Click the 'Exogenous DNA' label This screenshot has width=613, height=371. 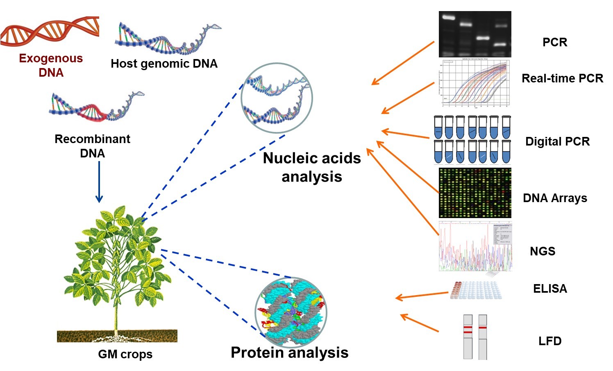(x=51, y=65)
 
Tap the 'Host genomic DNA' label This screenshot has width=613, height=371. (x=164, y=64)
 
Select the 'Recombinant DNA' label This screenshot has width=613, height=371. (x=92, y=146)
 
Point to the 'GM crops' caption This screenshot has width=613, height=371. (x=125, y=354)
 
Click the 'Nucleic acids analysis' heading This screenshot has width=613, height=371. (x=312, y=167)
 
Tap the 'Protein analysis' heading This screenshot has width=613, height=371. (x=289, y=353)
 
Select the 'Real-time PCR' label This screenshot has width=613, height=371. (x=562, y=78)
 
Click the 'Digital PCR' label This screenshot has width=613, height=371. (x=557, y=141)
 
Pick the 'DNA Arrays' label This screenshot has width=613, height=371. (x=555, y=198)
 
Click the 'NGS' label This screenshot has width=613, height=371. (x=543, y=251)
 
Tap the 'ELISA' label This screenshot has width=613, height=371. (x=550, y=289)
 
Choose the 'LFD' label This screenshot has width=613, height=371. (x=549, y=341)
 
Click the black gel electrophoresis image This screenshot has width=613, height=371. (x=475, y=34)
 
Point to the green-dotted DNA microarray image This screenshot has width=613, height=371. (x=475, y=192)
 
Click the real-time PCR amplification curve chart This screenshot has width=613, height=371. (x=475, y=83)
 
